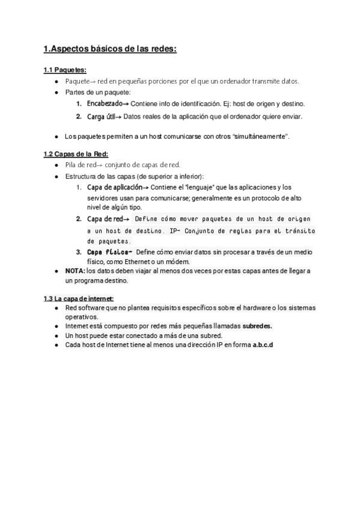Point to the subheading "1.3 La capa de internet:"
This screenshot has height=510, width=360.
point(79,298)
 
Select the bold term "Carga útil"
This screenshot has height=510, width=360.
point(100,116)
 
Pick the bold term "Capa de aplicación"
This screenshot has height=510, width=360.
point(114,188)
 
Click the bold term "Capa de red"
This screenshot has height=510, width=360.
point(105,219)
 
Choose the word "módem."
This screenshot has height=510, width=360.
point(177,262)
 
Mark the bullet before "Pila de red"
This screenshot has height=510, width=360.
point(55,165)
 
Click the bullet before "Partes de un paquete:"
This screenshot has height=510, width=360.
point(55,92)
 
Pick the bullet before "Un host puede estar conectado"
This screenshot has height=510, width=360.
point(55,336)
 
